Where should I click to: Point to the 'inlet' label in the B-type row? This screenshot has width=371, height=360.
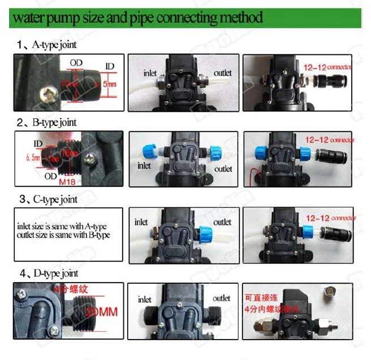144,166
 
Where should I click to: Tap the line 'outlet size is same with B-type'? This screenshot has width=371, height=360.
63,235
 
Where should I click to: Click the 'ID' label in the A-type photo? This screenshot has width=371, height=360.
110,66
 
